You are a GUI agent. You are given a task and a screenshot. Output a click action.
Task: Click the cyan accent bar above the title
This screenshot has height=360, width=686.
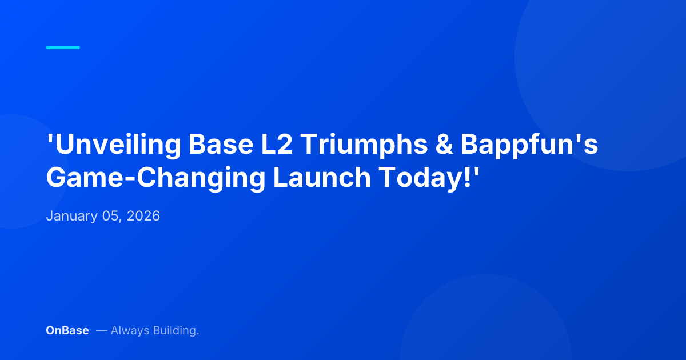[x=63, y=47]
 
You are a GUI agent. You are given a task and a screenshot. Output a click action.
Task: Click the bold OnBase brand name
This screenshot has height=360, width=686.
[x=67, y=330]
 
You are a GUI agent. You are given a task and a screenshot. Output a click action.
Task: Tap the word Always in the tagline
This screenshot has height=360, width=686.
[x=130, y=330]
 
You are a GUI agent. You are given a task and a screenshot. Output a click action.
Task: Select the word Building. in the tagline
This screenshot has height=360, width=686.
[x=176, y=331]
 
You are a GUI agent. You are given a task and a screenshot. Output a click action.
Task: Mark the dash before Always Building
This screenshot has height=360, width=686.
[x=101, y=330]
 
